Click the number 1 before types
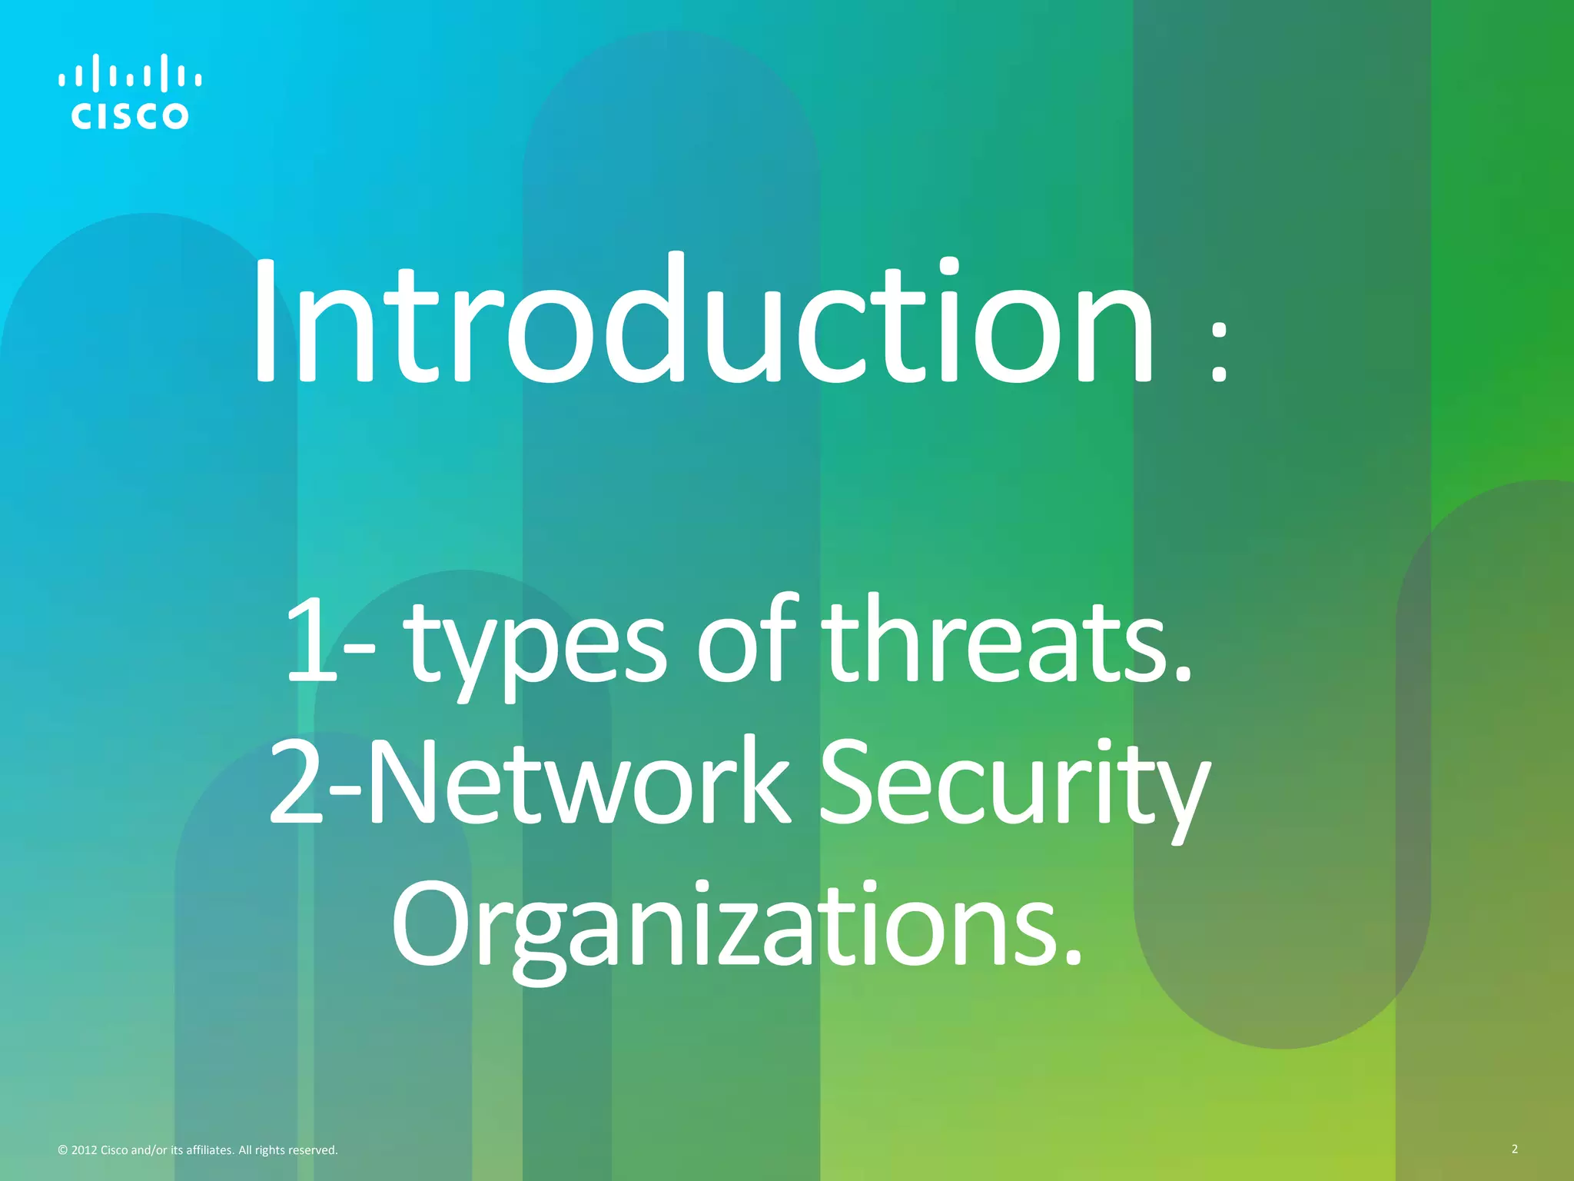[x=312, y=640]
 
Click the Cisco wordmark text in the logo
[x=130, y=116]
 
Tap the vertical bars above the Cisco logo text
[x=130, y=73]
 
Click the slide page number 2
[x=1514, y=1149]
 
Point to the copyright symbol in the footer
[x=63, y=1150]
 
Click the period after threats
[x=1183, y=676]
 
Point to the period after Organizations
[x=1074, y=958]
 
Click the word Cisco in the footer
[x=115, y=1150]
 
